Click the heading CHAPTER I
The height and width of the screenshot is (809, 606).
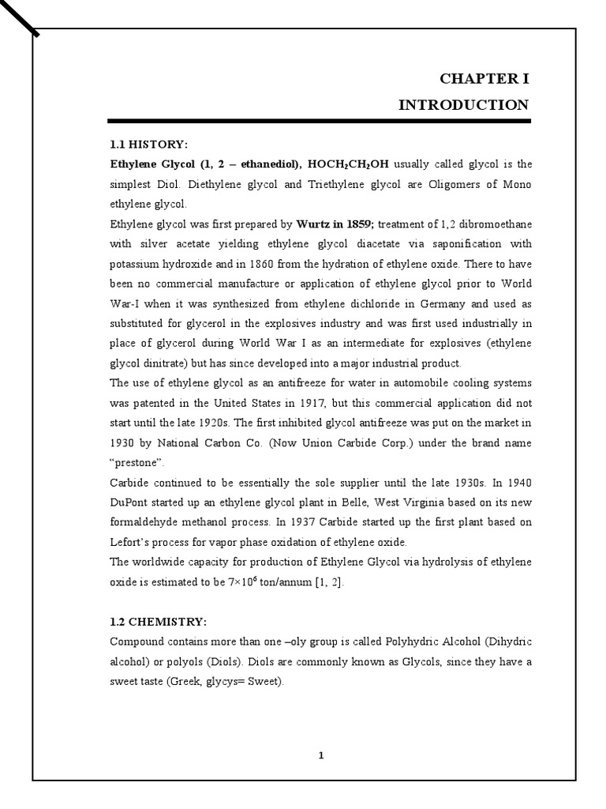(x=484, y=78)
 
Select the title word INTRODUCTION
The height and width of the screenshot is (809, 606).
(x=464, y=104)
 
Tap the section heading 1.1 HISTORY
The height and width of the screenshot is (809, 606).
(x=149, y=145)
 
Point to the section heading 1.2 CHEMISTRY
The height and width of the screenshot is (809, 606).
(x=158, y=620)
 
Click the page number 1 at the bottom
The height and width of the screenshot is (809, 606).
(x=320, y=755)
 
